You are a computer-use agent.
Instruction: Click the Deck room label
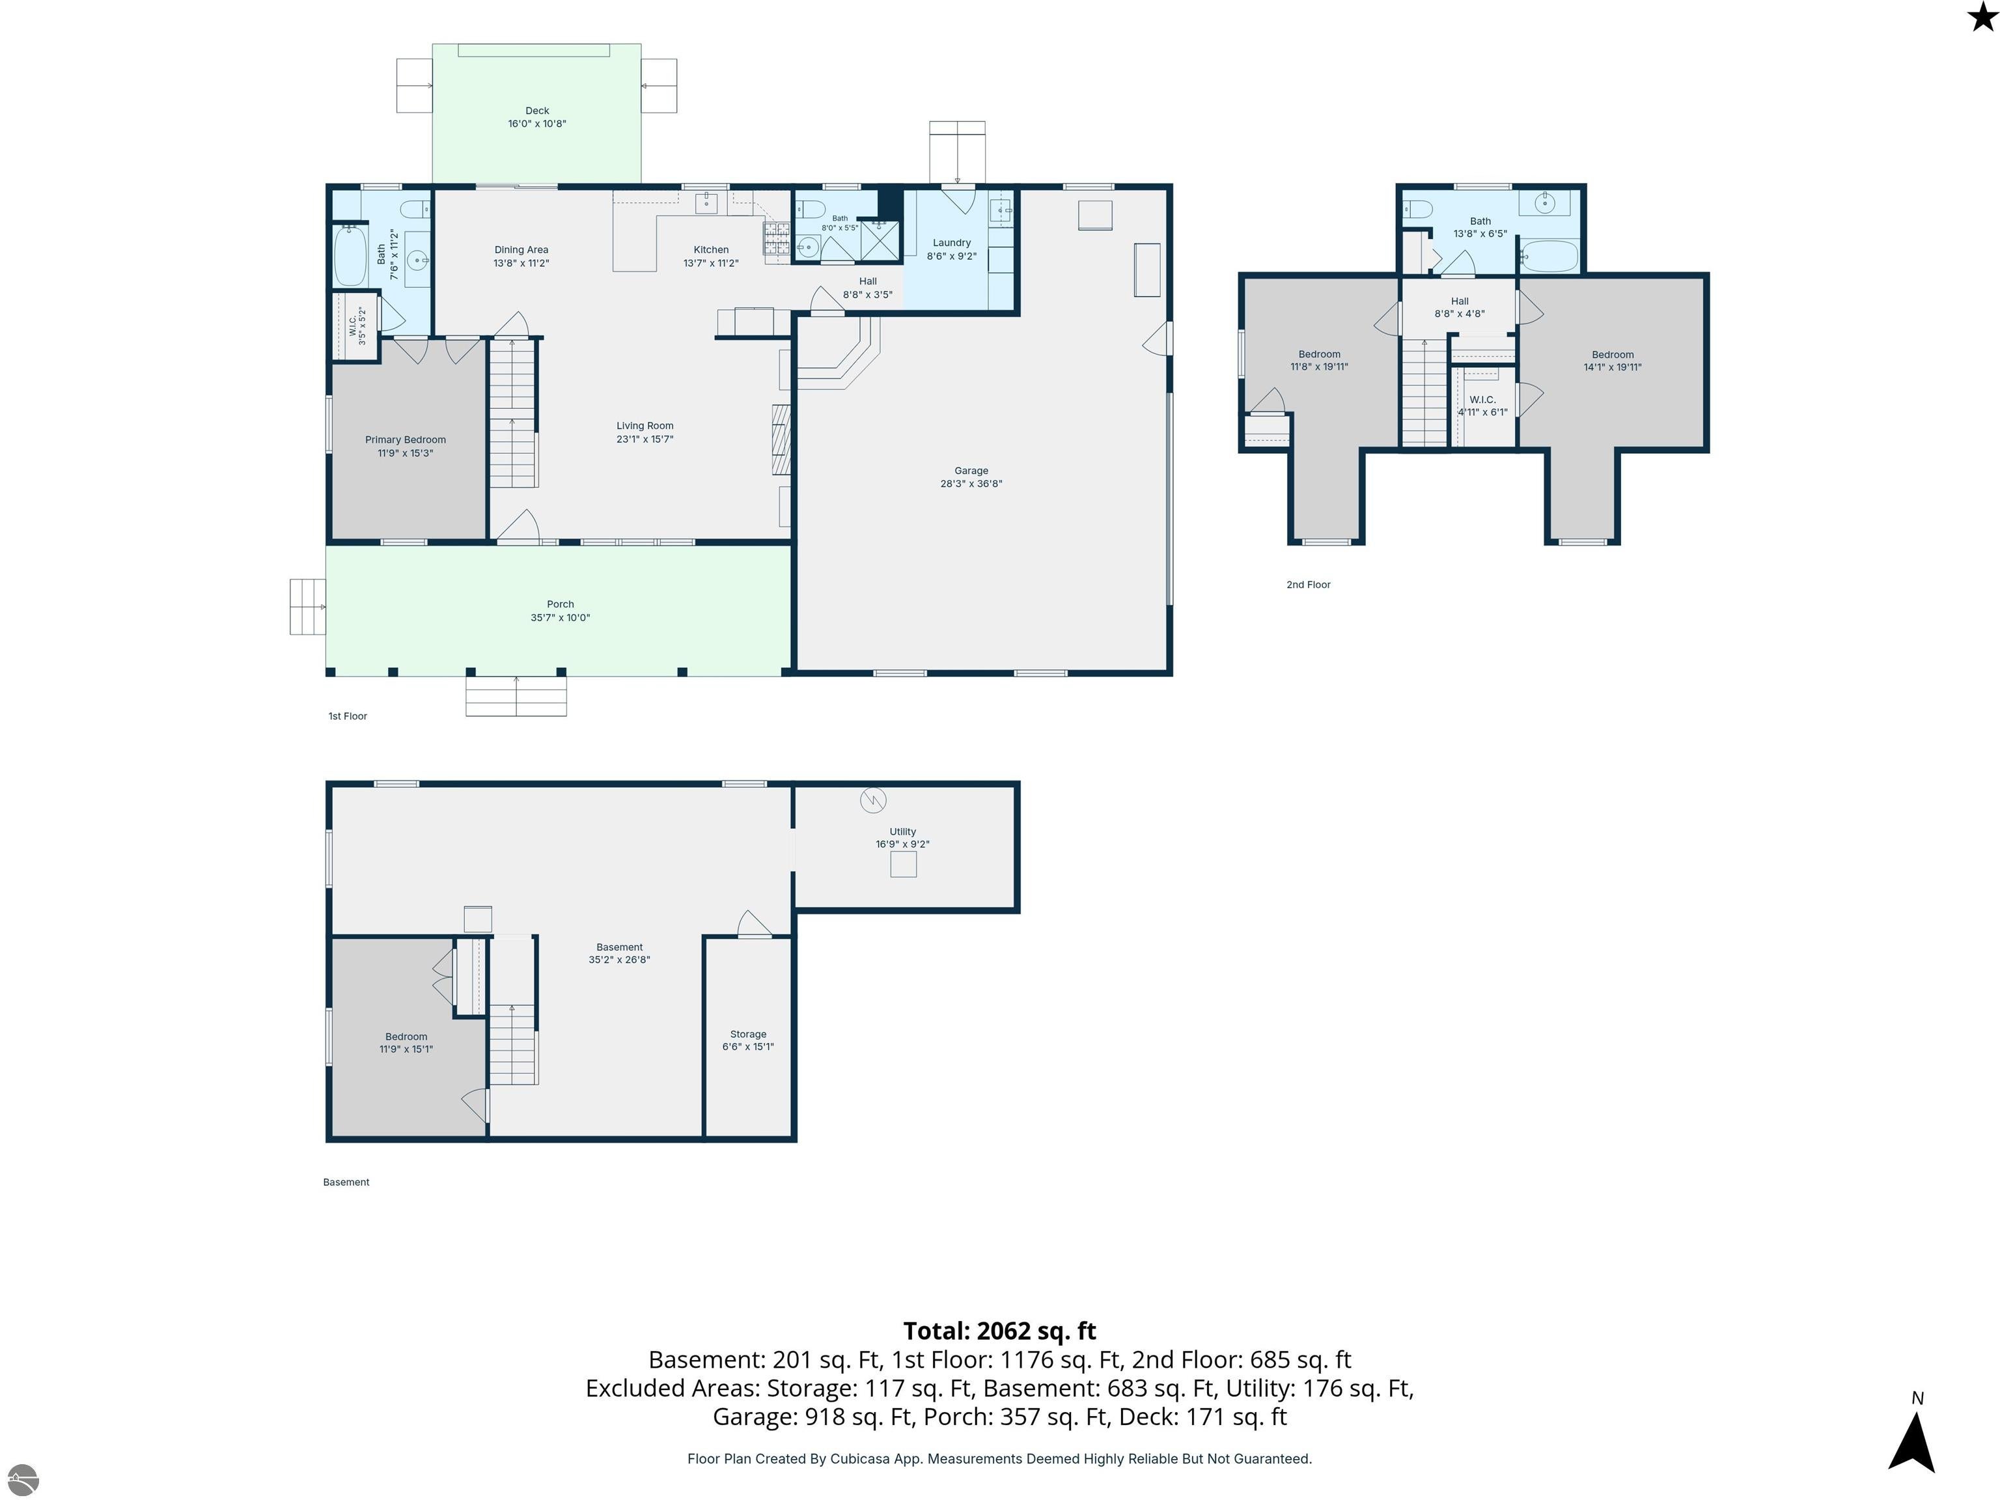(x=537, y=110)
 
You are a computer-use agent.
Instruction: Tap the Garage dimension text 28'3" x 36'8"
(x=971, y=484)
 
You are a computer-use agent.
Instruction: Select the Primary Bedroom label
(x=405, y=439)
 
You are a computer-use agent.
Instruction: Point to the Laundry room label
(x=951, y=242)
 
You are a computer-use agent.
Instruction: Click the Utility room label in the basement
(x=902, y=832)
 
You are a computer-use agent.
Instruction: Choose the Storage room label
(x=748, y=1033)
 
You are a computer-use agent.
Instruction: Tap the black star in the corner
(x=1982, y=16)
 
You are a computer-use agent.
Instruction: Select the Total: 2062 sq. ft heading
(x=999, y=1331)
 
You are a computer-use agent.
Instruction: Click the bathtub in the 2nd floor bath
(x=1549, y=256)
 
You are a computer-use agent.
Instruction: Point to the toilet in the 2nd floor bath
(x=1418, y=210)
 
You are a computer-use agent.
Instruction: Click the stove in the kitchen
(x=777, y=240)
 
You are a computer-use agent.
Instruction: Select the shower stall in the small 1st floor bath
(x=880, y=240)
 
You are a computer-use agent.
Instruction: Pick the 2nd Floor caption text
(x=1309, y=585)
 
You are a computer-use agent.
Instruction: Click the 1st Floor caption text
(x=347, y=716)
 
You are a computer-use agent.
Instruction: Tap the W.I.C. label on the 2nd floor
(x=1483, y=400)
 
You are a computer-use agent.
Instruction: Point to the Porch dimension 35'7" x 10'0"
(x=561, y=618)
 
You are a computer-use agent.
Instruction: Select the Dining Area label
(x=521, y=249)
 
